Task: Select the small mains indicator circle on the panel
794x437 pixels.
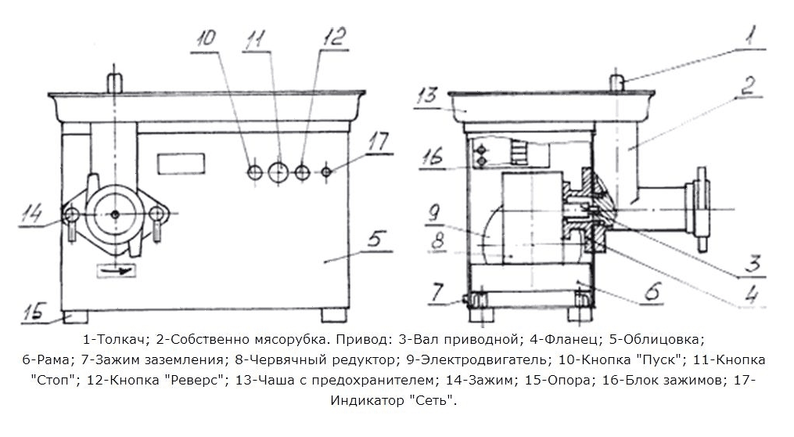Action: pos(327,172)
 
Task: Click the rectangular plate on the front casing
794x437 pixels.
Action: pos(181,164)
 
